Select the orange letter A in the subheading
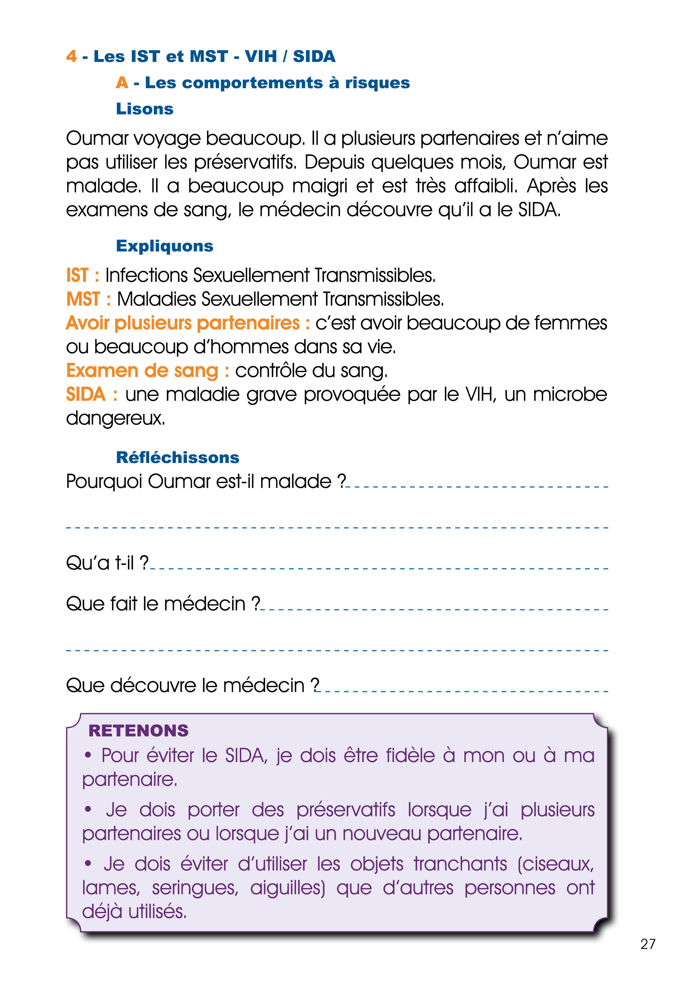pos(122,83)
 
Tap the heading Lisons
pos(144,109)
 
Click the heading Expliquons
pos(165,246)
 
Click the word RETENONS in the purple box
pos(138,731)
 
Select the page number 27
pos(648,944)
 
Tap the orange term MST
pos(83,299)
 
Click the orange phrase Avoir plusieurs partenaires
pos(182,323)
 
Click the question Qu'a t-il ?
pos(107,563)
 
